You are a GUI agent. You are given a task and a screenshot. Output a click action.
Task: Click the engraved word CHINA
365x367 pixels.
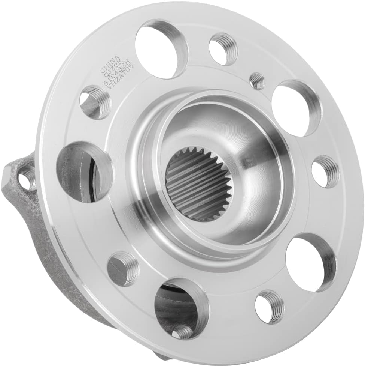[x=111, y=65]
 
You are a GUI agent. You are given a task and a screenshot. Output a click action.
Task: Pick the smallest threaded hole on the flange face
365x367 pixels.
[x=257, y=81]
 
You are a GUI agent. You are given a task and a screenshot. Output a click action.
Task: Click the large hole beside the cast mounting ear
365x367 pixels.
[x=84, y=171]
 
